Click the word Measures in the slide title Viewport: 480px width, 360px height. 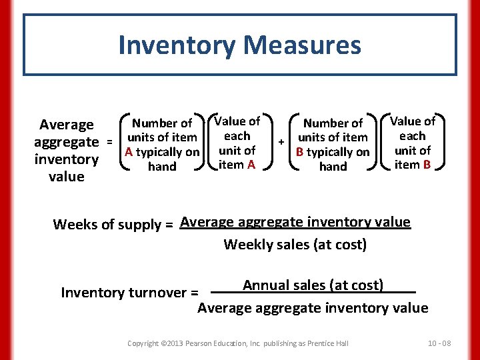(x=303, y=45)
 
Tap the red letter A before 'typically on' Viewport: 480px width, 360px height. (x=128, y=152)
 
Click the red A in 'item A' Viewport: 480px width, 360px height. (x=251, y=165)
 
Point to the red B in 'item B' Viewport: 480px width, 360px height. (x=425, y=165)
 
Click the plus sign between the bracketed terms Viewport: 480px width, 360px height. (x=281, y=142)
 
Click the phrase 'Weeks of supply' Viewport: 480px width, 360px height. (x=106, y=225)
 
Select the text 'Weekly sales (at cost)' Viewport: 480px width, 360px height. (x=295, y=245)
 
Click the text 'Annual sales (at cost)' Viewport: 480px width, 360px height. (x=313, y=285)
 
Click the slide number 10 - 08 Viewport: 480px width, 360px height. (x=439, y=343)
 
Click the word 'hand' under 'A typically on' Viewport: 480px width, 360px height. (x=162, y=167)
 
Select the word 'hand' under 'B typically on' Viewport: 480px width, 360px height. (x=333, y=167)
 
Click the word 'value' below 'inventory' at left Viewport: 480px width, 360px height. (x=67, y=177)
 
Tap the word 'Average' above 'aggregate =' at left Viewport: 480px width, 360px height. (x=67, y=125)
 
